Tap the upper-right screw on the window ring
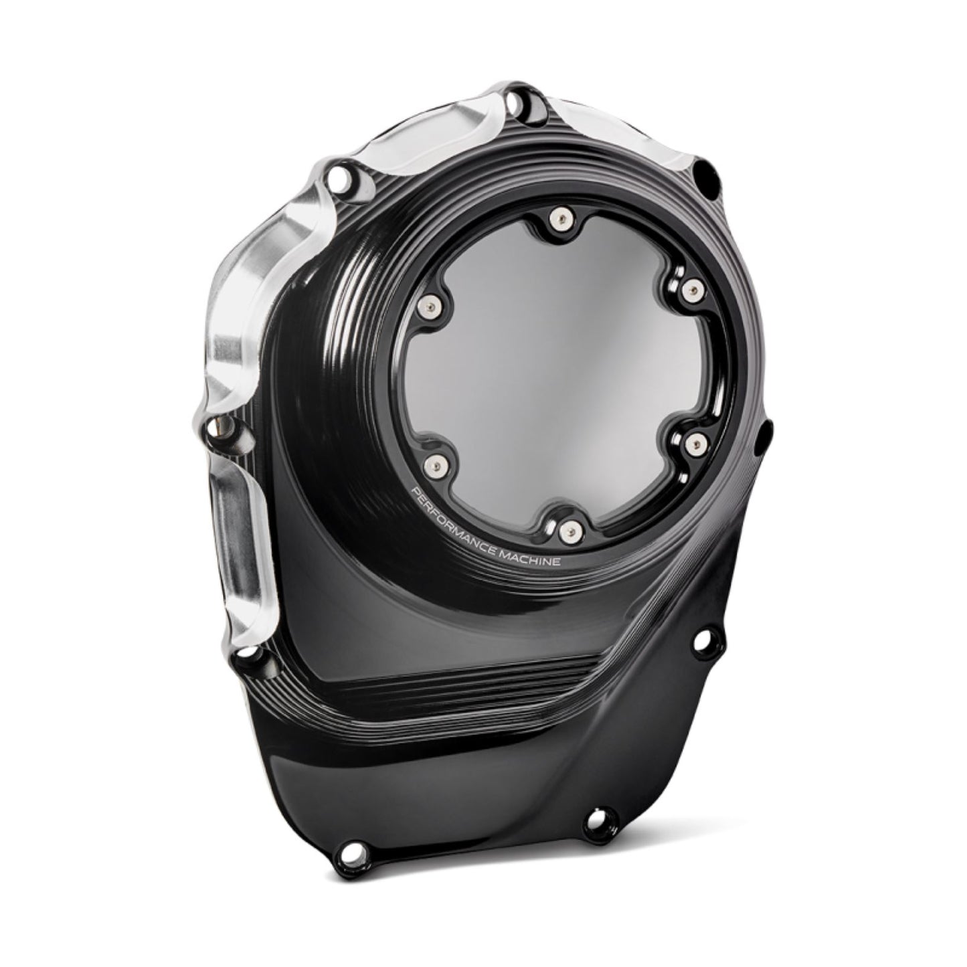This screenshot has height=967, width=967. click(x=692, y=289)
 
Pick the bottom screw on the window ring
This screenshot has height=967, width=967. click(x=569, y=530)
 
